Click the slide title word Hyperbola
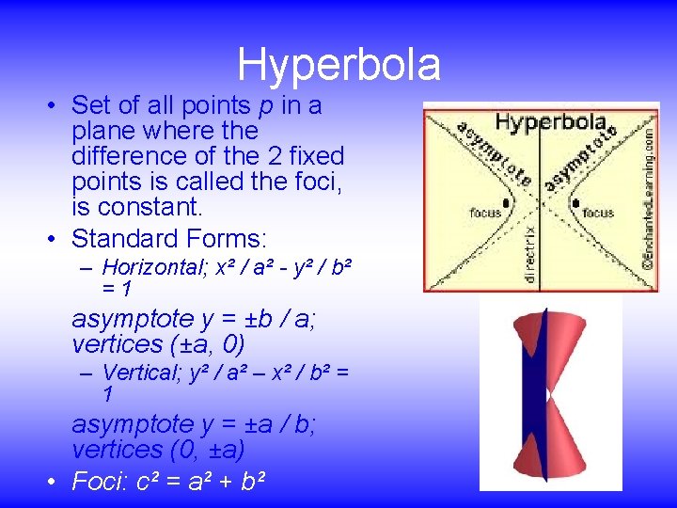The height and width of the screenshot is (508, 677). click(x=338, y=65)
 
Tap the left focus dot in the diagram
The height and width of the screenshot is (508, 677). click(x=506, y=201)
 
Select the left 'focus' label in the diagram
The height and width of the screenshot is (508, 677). click(x=486, y=214)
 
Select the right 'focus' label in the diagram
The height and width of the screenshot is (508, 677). click(x=597, y=214)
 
